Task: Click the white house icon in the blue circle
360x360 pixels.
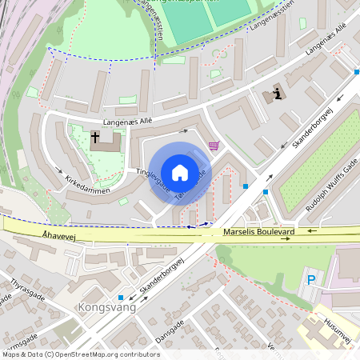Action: click(x=180, y=172)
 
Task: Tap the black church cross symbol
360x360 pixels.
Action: click(x=95, y=138)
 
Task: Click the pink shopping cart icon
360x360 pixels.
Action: click(x=214, y=146)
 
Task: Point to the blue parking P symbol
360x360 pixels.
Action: click(x=312, y=281)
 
